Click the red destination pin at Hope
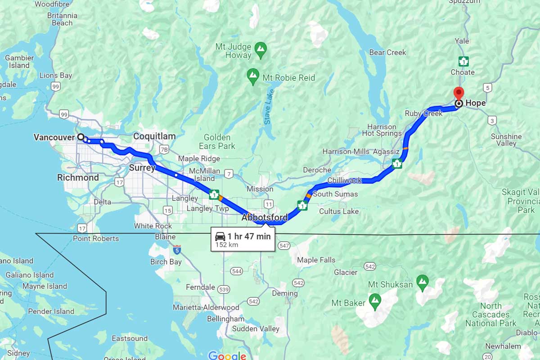click(x=459, y=93)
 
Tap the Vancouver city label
click(x=54, y=137)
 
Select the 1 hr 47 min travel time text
click(x=249, y=236)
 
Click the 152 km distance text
click(x=227, y=245)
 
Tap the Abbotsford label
click(x=265, y=218)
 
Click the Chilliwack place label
click(x=344, y=180)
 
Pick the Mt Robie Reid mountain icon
click(x=253, y=74)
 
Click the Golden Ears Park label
click(x=217, y=142)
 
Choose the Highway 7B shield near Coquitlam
click(x=164, y=149)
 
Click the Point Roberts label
click(x=96, y=238)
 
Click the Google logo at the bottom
click(x=227, y=356)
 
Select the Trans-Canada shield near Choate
click(x=463, y=61)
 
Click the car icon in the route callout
click(x=220, y=237)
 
